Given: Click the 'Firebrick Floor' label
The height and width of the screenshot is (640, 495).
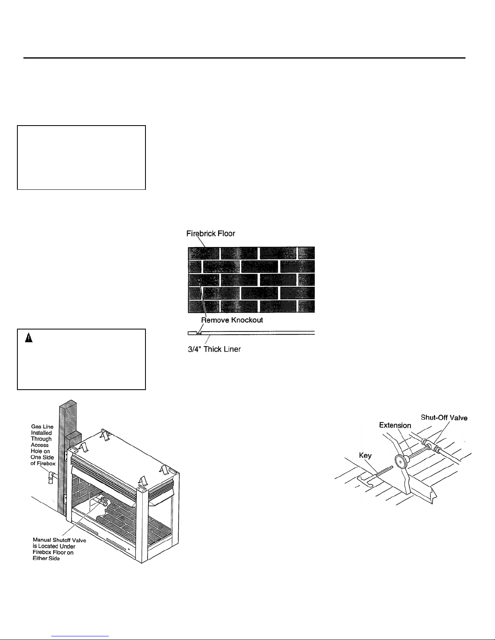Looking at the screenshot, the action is click(211, 233).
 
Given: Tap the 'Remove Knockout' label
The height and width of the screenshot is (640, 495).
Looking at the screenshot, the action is click(232, 320).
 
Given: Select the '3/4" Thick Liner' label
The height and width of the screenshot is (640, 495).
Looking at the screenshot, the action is click(214, 349).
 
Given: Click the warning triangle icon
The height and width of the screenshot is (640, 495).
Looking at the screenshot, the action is click(29, 338).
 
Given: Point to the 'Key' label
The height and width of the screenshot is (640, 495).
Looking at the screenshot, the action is click(365, 455).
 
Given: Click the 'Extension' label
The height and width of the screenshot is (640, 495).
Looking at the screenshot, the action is click(395, 425).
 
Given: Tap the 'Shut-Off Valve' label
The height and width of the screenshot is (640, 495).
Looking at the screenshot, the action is click(444, 418).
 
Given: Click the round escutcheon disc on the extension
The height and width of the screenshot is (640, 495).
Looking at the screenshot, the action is click(401, 462).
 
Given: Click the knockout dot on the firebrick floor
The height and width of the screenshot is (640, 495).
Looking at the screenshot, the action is click(199, 279).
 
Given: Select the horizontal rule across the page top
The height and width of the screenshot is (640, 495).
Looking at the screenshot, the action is click(244, 58).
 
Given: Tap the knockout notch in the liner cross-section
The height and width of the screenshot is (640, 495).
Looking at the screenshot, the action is click(199, 333).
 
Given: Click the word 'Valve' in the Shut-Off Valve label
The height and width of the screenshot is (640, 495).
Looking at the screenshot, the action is click(459, 418).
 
